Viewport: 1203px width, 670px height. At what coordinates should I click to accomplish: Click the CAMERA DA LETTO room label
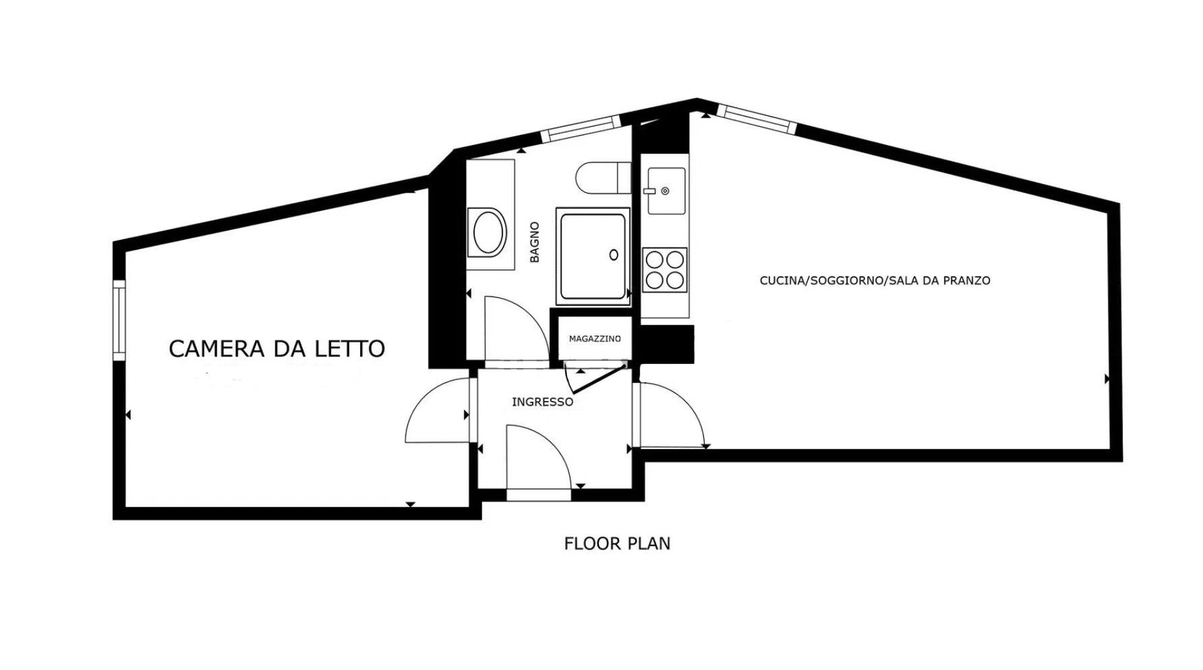(x=276, y=348)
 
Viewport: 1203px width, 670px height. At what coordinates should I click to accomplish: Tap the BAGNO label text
(x=535, y=242)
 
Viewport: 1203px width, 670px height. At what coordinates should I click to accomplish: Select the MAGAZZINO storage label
(x=595, y=338)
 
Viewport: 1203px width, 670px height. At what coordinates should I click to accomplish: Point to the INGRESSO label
(x=543, y=402)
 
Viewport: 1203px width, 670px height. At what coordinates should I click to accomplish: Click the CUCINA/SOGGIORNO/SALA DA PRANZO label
(x=875, y=280)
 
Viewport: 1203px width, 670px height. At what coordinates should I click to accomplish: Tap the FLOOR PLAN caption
(x=617, y=543)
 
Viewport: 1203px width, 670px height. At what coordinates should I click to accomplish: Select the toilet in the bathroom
(x=604, y=178)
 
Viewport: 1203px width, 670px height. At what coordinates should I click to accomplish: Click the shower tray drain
(x=614, y=255)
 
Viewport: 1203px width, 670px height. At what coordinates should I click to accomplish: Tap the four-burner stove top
(x=665, y=270)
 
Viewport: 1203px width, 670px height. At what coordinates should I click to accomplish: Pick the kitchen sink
(x=666, y=191)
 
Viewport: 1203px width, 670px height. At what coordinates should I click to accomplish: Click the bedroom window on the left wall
(x=119, y=320)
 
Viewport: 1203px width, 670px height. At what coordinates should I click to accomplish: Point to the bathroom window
(x=581, y=129)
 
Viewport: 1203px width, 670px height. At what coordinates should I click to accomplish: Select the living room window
(x=756, y=119)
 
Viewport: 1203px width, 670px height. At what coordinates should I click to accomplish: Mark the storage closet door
(x=597, y=377)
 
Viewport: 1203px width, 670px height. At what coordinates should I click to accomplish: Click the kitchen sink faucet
(x=665, y=191)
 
